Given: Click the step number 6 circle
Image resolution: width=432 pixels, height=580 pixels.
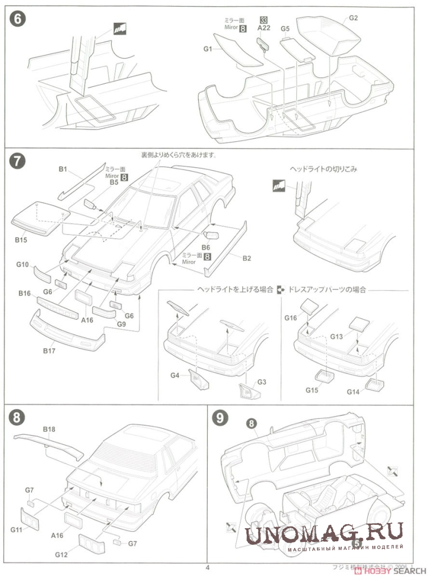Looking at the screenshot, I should click(18, 19).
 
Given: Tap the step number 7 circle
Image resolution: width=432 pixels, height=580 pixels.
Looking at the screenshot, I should click(18, 161).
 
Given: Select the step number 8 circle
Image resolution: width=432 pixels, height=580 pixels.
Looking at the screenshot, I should click(18, 418).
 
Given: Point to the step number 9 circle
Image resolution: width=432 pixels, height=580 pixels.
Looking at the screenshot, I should click(220, 418).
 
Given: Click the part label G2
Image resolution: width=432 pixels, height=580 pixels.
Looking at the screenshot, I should click(353, 18).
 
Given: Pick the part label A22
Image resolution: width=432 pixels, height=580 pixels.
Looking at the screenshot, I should click(264, 28).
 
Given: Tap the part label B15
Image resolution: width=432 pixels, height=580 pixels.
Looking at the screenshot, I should click(20, 240).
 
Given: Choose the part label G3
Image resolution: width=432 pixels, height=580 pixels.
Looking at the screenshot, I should click(261, 382).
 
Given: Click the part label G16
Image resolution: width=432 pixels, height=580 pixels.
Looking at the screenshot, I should click(291, 317).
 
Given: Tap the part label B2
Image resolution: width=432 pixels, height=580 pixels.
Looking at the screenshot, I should click(246, 259).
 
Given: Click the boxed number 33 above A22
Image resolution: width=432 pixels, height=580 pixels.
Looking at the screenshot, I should click(264, 19).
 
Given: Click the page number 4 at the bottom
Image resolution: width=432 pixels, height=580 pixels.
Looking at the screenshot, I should click(208, 567).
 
